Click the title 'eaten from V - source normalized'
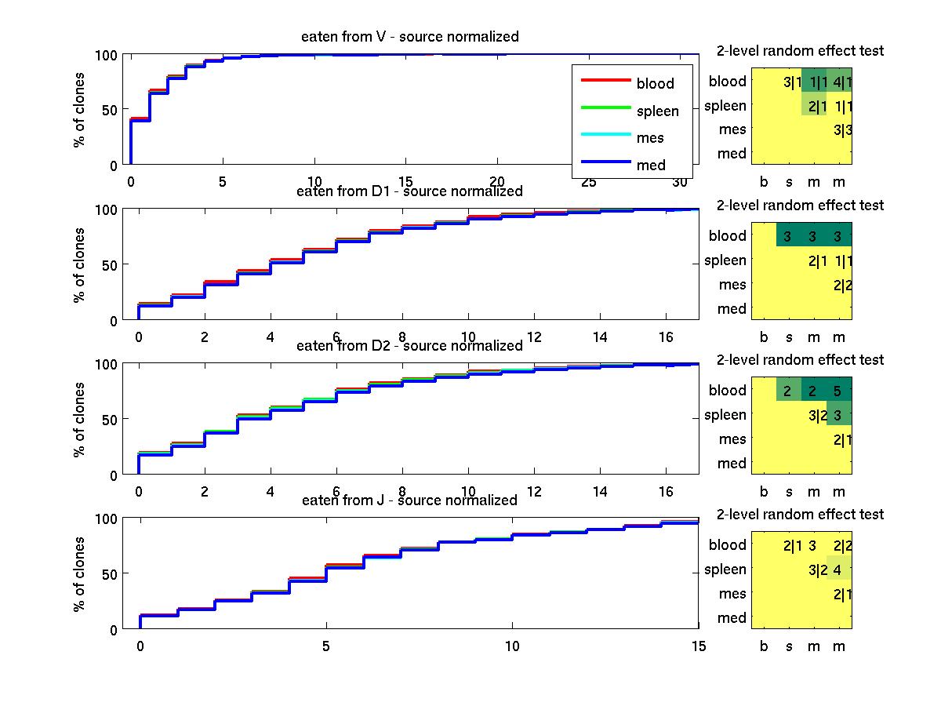point(409,37)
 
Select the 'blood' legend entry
point(655,84)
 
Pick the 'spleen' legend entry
point(657,111)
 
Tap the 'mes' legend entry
point(650,138)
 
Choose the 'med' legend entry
point(651,165)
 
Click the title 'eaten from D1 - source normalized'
point(409,191)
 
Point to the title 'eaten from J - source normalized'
point(409,500)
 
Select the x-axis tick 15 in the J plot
point(698,646)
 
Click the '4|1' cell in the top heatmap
point(840,82)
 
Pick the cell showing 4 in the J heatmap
point(838,570)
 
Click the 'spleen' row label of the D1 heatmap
point(725,260)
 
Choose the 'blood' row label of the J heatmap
point(727,545)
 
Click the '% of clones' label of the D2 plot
point(79,420)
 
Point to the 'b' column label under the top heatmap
point(765,182)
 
